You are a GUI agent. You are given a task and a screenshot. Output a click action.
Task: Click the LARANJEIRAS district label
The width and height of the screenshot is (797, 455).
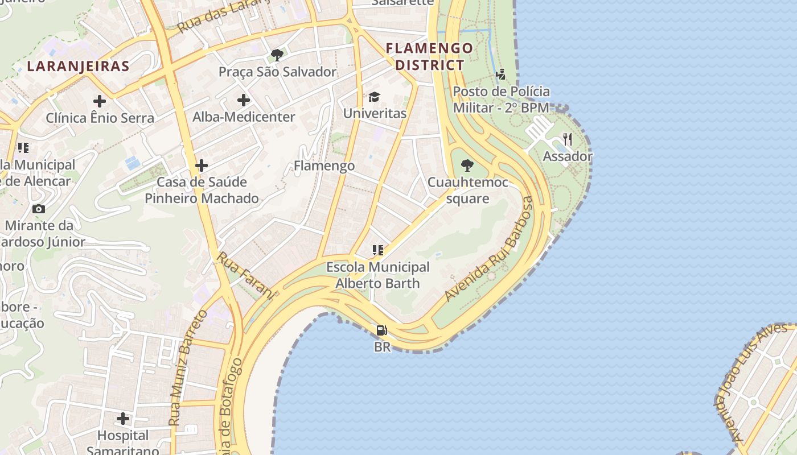78,66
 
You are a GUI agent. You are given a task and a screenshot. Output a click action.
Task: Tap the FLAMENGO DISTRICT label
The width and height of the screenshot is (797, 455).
430,56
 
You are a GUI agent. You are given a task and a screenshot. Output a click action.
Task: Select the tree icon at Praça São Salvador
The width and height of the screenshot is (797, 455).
277,55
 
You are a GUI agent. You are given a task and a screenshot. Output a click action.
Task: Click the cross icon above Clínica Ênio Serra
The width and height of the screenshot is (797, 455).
100,101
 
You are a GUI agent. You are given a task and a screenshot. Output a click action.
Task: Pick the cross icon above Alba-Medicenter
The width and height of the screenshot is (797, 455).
244,100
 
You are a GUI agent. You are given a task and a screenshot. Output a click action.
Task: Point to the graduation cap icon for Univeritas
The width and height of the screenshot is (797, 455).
374,97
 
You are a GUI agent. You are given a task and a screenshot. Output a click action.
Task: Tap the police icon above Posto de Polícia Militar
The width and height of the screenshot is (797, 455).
501,75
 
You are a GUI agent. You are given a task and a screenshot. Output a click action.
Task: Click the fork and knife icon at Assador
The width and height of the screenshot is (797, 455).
567,139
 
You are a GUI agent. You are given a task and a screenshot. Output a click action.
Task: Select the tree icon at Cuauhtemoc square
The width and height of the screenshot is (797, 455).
467,166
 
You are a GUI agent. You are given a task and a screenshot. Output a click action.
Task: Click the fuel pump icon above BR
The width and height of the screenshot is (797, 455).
382,330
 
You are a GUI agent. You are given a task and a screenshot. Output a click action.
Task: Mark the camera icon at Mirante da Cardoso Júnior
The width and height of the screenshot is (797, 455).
39,209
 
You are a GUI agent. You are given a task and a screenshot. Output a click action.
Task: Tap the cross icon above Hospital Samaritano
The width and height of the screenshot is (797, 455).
123,419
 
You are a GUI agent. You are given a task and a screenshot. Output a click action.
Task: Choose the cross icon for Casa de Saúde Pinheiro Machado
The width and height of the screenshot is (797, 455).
202,166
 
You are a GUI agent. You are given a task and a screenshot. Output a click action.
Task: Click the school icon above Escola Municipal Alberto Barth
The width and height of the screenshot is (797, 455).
377,250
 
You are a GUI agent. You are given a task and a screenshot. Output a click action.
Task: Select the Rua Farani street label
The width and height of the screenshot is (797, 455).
245,275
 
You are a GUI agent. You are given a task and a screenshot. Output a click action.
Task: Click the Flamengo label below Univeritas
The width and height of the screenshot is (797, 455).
324,166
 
